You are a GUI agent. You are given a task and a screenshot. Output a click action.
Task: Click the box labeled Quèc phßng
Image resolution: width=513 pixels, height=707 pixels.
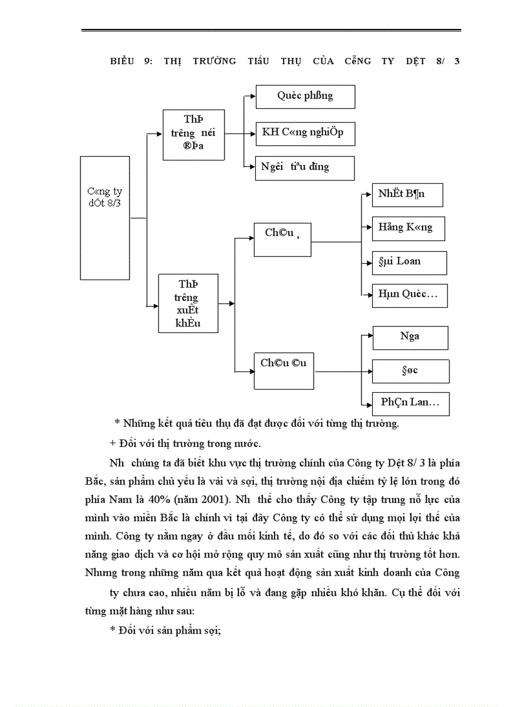click(306, 97)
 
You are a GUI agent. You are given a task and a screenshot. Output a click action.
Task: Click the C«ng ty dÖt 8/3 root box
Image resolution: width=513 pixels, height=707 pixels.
click(105, 218)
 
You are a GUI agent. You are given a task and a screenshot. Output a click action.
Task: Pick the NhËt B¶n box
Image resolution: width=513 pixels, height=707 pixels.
click(407, 195)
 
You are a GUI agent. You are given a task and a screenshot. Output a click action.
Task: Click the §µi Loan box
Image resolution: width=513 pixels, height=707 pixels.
click(409, 262)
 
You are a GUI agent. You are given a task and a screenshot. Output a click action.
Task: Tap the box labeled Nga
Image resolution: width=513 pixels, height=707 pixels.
click(410, 337)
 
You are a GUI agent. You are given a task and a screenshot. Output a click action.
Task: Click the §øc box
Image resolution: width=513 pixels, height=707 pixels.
click(411, 371)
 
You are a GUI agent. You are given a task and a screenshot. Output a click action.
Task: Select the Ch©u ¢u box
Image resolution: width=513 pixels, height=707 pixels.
click(284, 371)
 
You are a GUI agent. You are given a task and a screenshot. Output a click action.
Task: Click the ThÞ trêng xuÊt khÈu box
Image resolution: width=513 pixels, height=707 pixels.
click(188, 303)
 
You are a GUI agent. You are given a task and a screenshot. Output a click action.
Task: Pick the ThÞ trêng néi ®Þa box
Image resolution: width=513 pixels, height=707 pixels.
click(194, 134)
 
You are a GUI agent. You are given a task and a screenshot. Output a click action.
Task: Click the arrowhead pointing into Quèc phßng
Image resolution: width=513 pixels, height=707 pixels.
click(251, 97)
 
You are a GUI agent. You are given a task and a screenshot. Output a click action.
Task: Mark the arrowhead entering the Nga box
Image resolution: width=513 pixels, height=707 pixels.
click(369, 337)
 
